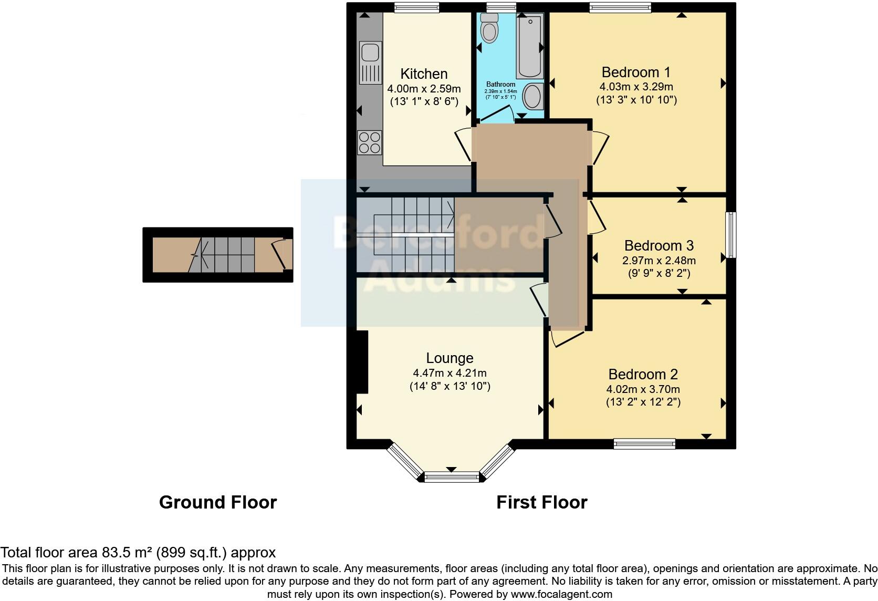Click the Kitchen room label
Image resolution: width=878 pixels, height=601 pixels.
point(424,74)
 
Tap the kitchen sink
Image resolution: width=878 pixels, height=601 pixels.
point(370,53)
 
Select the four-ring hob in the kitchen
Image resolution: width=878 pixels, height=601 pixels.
point(370,142)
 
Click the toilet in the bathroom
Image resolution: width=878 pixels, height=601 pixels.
point(489,29)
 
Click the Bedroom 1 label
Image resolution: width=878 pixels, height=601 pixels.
point(636,72)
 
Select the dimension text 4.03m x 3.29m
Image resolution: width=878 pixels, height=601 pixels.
point(636,87)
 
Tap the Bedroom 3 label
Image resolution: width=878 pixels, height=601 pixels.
point(659,245)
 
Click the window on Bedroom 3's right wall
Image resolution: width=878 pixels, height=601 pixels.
point(730,235)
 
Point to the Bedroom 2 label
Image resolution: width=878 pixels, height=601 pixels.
point(643,374)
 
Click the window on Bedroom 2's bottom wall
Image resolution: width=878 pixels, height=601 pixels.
point(644,444)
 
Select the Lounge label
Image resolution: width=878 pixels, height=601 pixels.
point(450,358)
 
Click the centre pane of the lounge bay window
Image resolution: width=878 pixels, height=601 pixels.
point(452,477)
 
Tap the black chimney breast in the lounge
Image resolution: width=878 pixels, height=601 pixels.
point(362,362)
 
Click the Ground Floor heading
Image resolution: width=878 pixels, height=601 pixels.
point(217,502)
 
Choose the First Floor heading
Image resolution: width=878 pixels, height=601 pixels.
point(541,502)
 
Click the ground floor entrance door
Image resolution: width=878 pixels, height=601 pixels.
point(282,255)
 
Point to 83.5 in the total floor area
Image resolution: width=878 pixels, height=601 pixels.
point(117,552)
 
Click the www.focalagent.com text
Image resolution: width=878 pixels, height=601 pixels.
point(561,594)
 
